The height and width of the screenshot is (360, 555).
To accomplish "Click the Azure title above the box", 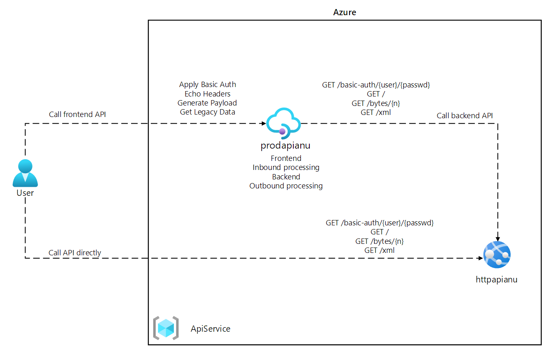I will click(344, 12).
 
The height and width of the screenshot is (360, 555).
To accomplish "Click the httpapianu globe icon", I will click(497, 255).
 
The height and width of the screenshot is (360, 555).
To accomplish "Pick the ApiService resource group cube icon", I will click(166, 328).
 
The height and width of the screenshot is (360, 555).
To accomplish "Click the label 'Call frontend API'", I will click(77, 115).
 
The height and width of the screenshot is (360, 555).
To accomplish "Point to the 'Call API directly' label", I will click(75, 253).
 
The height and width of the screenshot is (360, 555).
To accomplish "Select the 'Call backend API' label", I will click(465, 116).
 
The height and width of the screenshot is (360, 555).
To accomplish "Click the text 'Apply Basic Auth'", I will click(207, 85).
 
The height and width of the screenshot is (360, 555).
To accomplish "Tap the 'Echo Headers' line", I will click(207, 94).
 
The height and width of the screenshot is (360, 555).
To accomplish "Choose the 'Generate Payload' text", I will click(207, 103).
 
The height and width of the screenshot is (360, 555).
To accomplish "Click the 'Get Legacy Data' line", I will click(207, 112).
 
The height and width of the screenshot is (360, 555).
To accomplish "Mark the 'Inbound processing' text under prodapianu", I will click(286, 167).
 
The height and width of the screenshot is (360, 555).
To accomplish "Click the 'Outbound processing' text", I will click(286, 186).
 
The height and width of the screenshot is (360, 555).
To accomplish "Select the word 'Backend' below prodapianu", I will click(286, 177).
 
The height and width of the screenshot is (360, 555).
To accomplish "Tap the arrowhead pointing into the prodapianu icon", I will click(263, 123).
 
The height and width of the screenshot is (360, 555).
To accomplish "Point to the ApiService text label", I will click(210, 329).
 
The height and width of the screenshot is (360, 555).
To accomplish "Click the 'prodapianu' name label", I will click(286, 145).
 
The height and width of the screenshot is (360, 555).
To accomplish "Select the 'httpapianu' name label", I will click(496, 280).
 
